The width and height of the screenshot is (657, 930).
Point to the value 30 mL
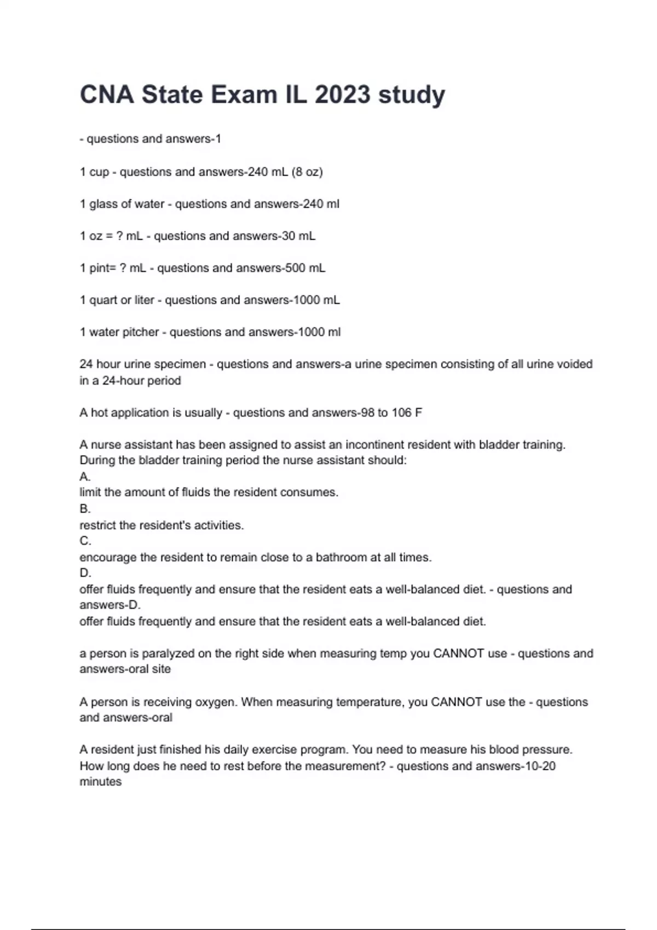point(298,236)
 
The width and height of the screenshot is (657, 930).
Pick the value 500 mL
point(308,268)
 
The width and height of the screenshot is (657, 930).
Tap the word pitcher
point(140,332)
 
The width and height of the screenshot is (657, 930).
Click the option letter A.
point(84,476)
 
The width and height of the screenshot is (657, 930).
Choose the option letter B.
point(84,509)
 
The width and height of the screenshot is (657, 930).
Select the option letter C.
point(85,541)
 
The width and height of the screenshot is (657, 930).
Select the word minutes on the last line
point(101,782)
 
